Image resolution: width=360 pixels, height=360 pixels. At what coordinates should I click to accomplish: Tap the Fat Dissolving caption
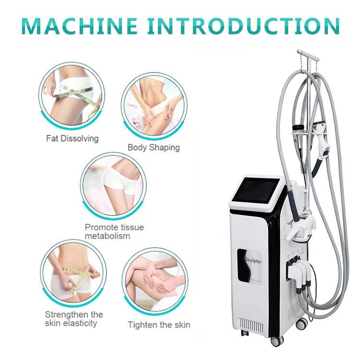pos(72,138)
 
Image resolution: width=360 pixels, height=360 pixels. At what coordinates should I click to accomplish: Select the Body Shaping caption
pos(154,147)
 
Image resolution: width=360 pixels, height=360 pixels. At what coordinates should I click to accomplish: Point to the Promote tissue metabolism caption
pos(114,231)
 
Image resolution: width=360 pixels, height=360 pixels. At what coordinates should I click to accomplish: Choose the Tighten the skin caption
pos(158,325)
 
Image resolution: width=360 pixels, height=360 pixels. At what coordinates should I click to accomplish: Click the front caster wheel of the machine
pos(277,341)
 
